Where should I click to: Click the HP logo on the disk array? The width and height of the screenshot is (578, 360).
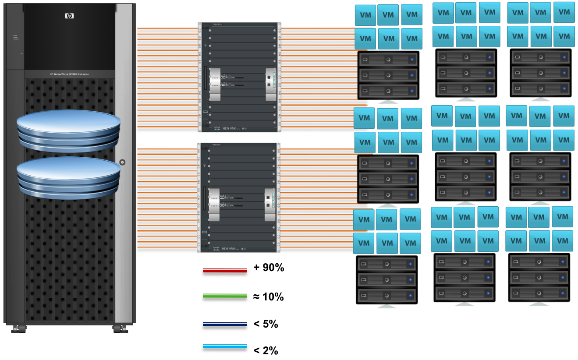pyautogui.click(x=69, y=16)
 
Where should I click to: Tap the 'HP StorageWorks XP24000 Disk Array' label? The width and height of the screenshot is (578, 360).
pyautogui.click(x=69, y=74)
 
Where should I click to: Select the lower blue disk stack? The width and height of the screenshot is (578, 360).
pyautogui.click(x=68, y=178)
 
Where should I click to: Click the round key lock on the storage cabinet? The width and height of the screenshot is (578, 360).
pyautogui.click(x=122, y=162)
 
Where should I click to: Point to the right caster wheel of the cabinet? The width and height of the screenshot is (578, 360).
pyautogui.click(x=119, y=328)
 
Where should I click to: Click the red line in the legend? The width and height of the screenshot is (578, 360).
pyautogui.click(x=224, y=271)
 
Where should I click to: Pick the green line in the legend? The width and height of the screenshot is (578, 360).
pyautogui.click(x=224, y=296)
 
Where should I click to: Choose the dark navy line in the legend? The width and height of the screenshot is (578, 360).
pyautogui.click(x=224, y=325)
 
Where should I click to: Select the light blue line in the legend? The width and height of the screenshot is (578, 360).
pyautogui.click(x=224, y=347)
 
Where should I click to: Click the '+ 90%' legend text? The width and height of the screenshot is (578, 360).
pyautogui.click(x=269, y=268)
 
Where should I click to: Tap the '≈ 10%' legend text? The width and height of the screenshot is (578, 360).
pyautogui.click(x=268, y=297)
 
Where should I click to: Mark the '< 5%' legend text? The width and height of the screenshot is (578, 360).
pyautogui.click(x=266, y=325)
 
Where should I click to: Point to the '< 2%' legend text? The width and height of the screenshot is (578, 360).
pyautogui.click(x=266, y=350)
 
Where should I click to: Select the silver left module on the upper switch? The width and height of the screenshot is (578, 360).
pyautogui.click(x=215, y=82)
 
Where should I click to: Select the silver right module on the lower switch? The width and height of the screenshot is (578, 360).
pyautogui.click(x=269, y=202)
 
